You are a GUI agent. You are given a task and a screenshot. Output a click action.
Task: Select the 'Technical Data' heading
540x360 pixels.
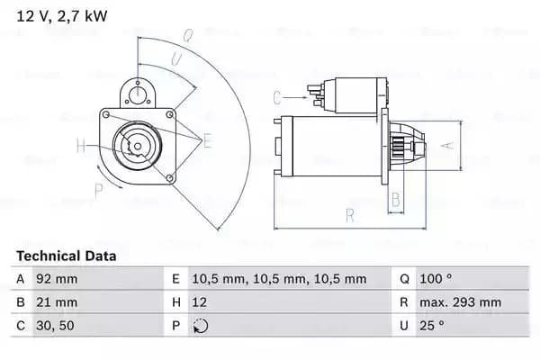[x=67, y=256]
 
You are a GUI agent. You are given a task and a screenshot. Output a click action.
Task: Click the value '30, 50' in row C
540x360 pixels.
[x=54, y=326]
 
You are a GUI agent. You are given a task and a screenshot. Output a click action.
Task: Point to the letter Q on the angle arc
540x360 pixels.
[x=187, y=37]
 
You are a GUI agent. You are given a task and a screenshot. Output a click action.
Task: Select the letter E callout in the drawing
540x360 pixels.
[x=207, y=140]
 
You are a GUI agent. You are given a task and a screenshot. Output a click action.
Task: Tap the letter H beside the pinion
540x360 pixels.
[x=80, y=146]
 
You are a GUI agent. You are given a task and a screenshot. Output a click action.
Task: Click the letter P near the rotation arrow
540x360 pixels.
[x=98, y=188]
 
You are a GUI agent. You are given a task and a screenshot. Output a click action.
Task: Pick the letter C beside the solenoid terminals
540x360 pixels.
[x=277, y=97]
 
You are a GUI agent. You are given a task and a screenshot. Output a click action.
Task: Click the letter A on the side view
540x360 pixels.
[x=442, y=143]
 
